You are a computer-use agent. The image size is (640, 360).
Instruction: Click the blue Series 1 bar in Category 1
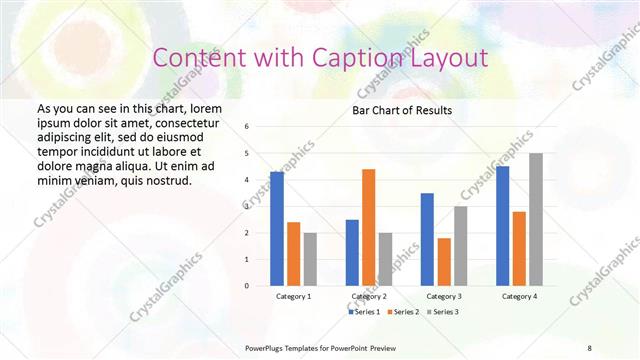pyautogui.click(x=277, y=229)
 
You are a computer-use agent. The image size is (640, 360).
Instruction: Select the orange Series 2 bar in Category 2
pyautogui.click(x=368, y=227)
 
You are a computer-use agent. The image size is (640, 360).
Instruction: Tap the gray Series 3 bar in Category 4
pyautogui.click(x=535, y=219)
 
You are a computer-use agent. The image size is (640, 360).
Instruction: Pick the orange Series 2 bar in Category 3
pyautogui.click(x=443, y=262)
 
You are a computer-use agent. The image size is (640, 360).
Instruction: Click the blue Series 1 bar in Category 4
pyautogui.click(x=502, y=226)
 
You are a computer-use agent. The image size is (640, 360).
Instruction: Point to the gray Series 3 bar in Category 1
pyautogui.click(x=310, y=259)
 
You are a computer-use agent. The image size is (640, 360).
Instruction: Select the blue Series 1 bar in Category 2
pyautogui.click(x=352, y=253)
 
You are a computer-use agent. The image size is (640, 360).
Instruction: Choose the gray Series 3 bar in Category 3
pyautogui.click(x=460, y=246)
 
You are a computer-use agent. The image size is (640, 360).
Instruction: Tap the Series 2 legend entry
pyautogui.click(x=402, y=312)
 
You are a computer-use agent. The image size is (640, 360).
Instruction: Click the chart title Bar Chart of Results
pyautogui.click(x=402, y=110)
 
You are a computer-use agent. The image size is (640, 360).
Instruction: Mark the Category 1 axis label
pyautogui.click(x=293, y=297)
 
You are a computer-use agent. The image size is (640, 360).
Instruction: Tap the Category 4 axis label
pyautogui.click(x=518, y=297)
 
